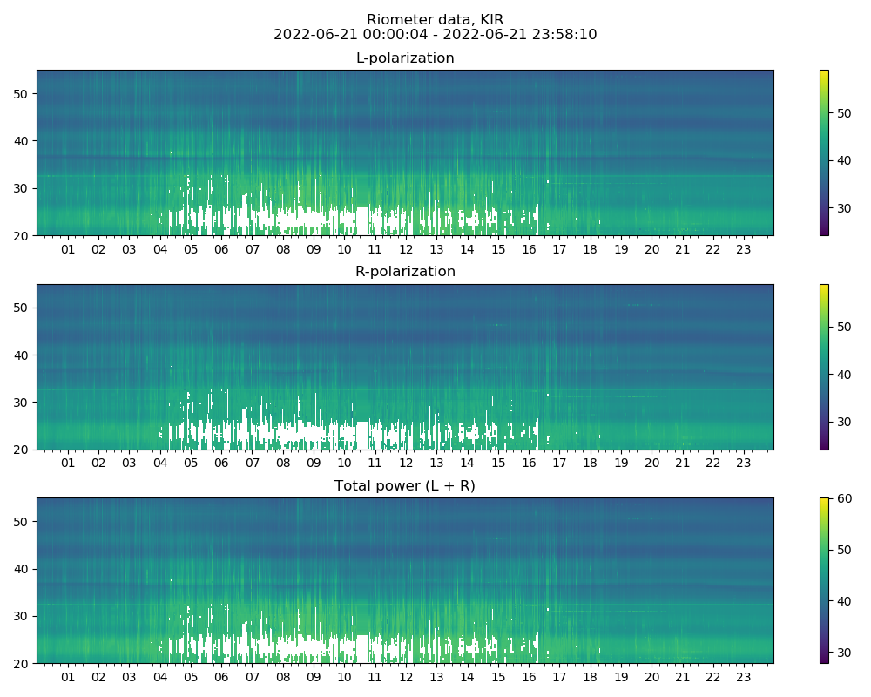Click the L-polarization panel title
(405, 58)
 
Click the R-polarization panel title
(405, 272)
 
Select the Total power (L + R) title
(405, 486)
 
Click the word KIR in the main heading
(491, 20)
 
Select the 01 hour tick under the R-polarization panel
(68, 464)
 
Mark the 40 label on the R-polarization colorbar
(842, 375)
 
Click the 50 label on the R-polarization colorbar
(842, 327)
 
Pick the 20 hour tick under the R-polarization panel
(652, 464)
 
